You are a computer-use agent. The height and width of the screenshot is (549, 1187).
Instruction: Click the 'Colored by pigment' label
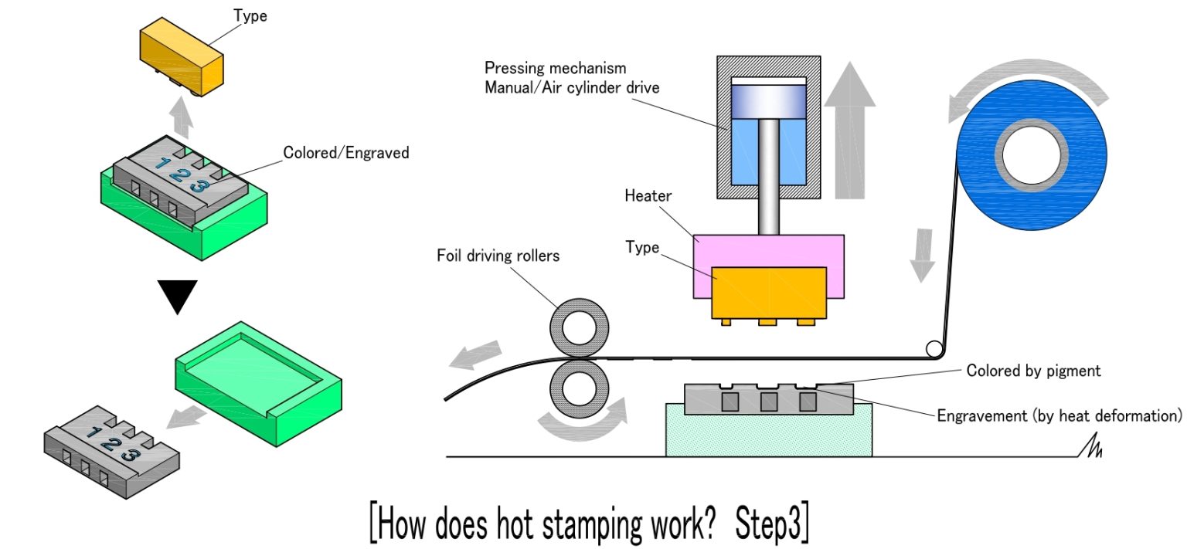pos(1033,371)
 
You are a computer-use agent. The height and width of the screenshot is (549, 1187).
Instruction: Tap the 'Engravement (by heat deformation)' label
pos(1059,415)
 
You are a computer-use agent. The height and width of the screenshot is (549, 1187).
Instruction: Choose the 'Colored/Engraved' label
pos(346,153)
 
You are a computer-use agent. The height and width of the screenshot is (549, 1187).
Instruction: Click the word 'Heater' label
pos(648,195)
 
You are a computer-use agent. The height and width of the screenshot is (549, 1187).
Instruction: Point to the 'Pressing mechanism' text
pos(555,69)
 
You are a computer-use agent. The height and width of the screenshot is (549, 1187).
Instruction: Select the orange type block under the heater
pos(769,293)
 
